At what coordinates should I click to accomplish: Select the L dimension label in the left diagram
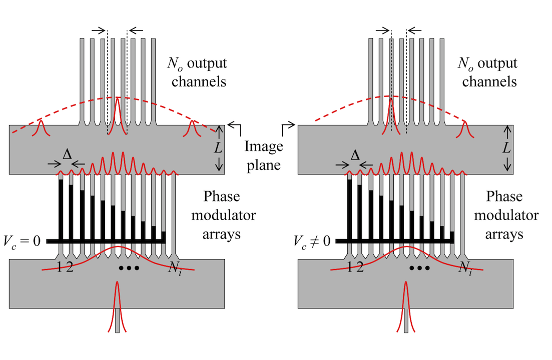coord(219,148)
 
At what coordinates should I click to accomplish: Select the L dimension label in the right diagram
coord(507,148)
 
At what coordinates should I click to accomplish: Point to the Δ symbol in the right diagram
coord(355,155)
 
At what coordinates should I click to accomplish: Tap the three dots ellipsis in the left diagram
coord(129,268)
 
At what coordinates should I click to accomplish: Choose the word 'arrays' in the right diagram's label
coord(506,234)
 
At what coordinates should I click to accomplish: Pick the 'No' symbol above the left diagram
coord(175,64)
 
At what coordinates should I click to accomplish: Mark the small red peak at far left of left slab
coord(41,127)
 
